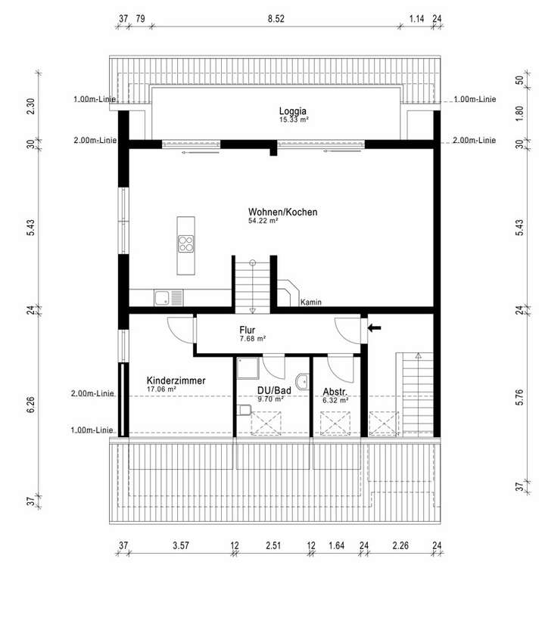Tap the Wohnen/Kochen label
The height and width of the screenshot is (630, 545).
point(282,213)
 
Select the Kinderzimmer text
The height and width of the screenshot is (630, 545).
point(176,380)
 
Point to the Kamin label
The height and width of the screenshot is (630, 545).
point(310,303)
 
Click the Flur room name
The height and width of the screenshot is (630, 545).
point(247,330)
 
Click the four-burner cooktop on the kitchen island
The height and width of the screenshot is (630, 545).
point(185,243)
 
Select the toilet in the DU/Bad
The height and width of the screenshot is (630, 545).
point(243,410)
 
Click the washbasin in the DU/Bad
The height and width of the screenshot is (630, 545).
point(303,382)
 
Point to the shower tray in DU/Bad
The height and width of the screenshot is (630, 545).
point(248,368)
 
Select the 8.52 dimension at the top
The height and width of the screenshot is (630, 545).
point(275,18)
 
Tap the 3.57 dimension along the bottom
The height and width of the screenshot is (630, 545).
point(180,545)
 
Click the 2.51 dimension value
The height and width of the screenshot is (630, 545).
point(272,545)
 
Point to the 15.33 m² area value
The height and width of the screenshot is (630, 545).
point(294,119)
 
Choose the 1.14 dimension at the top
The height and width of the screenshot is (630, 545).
point(416,18)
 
